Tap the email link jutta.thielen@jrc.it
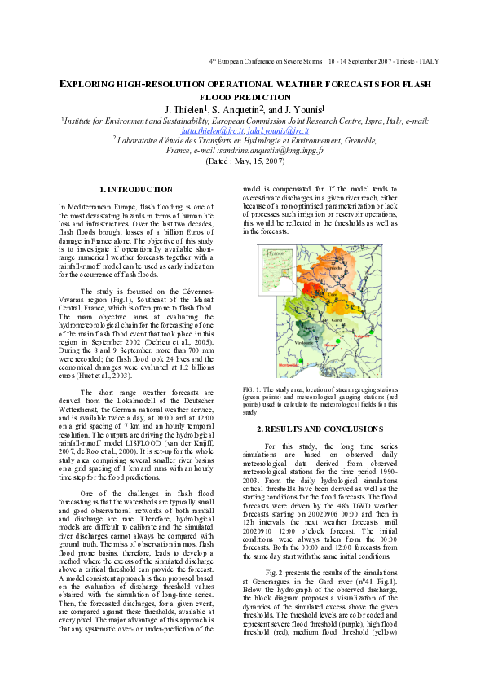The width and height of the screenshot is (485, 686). (201, 130)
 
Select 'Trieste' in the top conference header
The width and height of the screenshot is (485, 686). (406, 62)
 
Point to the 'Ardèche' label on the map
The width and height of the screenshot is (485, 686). (333, 268)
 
